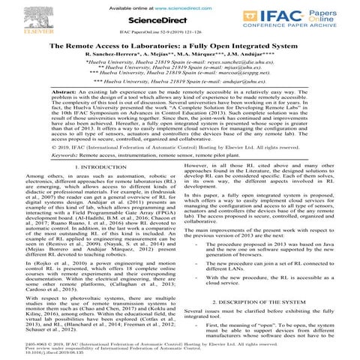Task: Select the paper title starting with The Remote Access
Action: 180,46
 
